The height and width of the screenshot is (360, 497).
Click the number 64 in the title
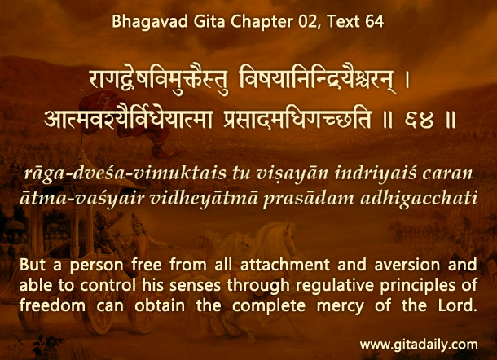pos(374,21)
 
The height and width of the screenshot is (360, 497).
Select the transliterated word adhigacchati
pos(419,199)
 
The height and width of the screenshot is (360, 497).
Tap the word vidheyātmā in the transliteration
pos(205,199)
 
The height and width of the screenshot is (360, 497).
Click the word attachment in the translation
pos(285,265)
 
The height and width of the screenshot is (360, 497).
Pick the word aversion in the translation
pos(407,266)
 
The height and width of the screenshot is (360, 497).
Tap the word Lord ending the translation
pos(458,305)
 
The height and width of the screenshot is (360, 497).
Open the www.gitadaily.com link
pos(419,345)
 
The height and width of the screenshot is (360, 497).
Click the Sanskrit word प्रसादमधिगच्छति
pos(297,120)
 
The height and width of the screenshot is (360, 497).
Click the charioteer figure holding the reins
pos(139,238)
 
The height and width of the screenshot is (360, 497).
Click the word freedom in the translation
pos(52,305)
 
